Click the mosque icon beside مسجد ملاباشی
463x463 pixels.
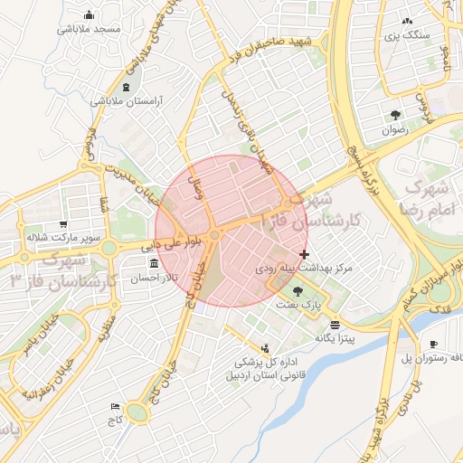(x=89, y=15)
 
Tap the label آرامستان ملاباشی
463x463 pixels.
(x=126, y=102)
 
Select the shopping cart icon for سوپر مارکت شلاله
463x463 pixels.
(x=61, y=224)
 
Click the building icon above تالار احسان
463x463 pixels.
(x=152, y=264)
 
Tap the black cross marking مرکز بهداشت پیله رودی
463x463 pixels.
(x=303, y=255)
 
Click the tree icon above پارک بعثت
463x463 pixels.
(x=298, y=290)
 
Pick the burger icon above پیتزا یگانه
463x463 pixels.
(x=336, y=324)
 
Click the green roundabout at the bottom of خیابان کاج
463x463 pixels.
(x=137, y=413)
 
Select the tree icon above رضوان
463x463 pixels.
(x=395, y=114)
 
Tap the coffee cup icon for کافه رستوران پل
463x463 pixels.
(x=432, y=345)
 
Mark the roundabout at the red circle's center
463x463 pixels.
(x=214, y=235)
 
